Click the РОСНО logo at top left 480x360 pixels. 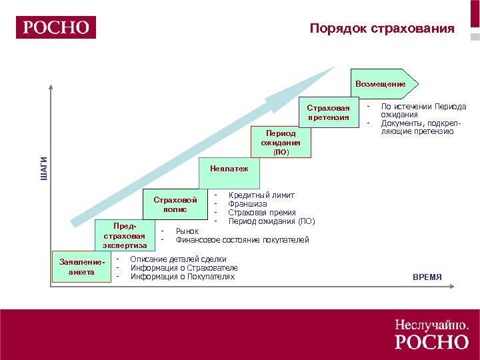57,27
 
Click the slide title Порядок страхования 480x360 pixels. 382,29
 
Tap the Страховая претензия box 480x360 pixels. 327,113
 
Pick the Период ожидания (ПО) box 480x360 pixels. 280,142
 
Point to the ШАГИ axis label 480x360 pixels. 44,167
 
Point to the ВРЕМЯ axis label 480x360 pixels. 427,277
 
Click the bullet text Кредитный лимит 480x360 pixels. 261,195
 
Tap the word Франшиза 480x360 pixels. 247,203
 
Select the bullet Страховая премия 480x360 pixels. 262,212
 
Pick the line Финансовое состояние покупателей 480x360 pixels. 242,239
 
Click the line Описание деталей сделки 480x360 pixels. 179,259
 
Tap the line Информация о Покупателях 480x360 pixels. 183,276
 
